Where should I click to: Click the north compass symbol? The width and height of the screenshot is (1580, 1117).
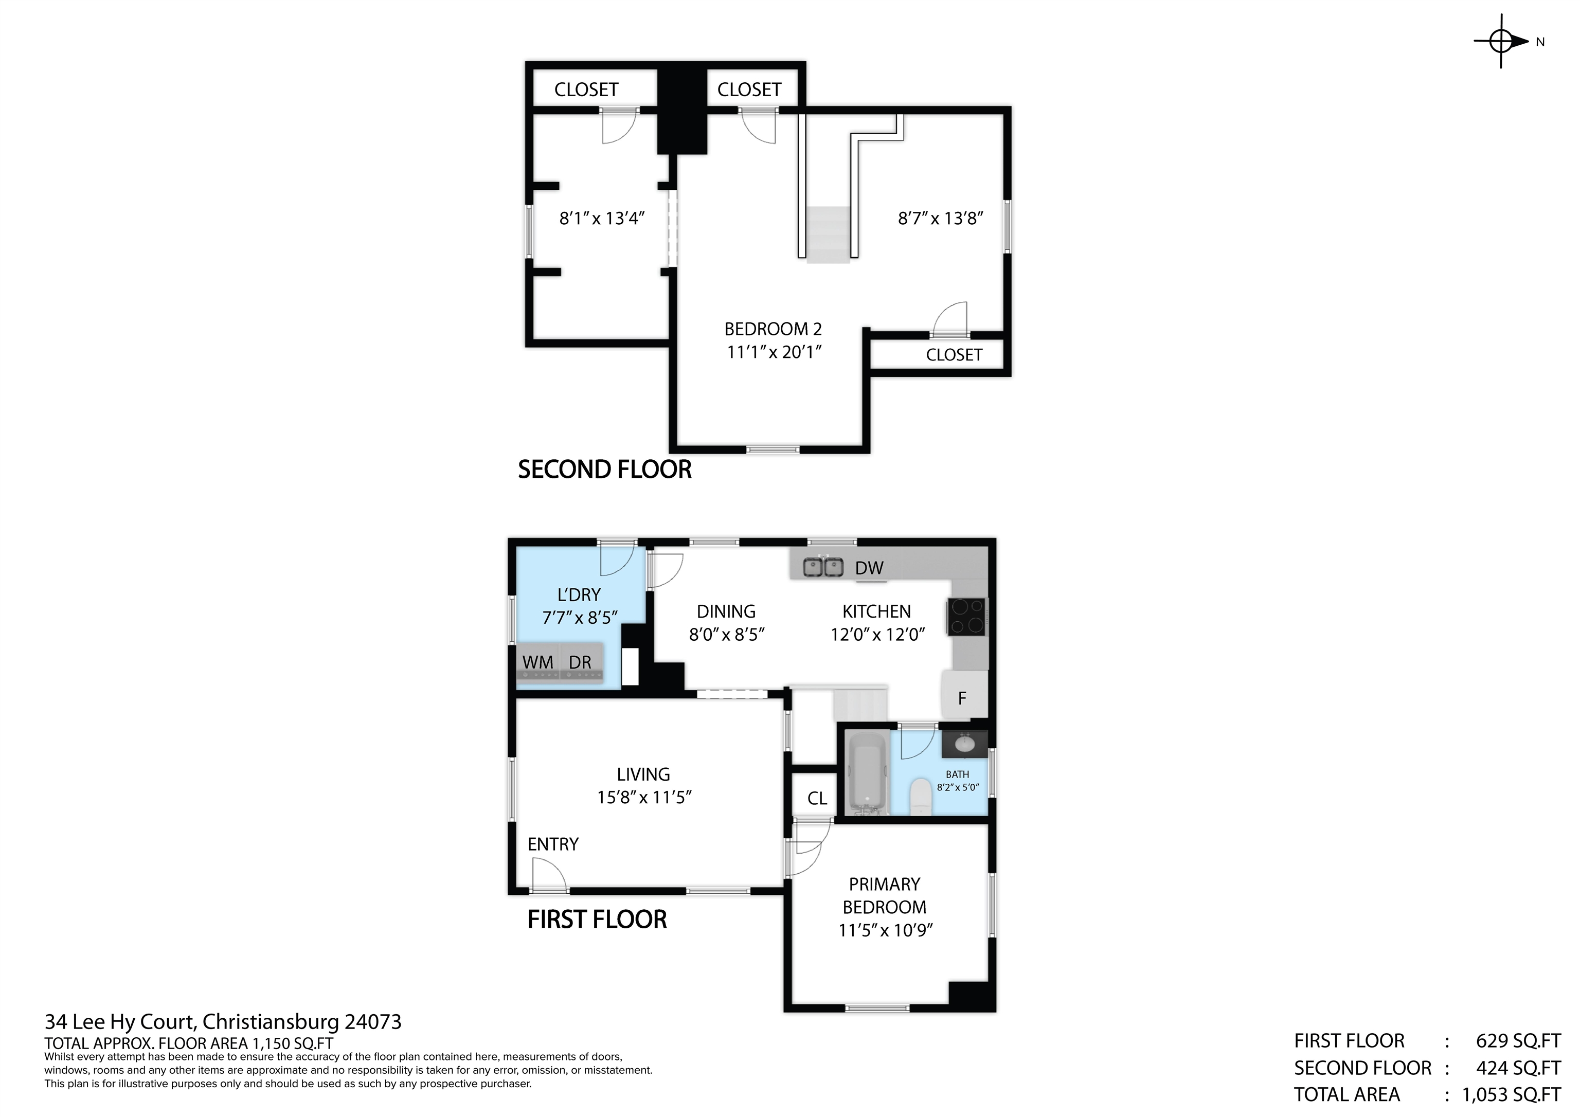1502,41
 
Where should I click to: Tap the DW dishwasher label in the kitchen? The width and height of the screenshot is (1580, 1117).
869,568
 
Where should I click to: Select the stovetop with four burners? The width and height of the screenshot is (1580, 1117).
966,616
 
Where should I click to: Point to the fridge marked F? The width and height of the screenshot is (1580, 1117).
963,698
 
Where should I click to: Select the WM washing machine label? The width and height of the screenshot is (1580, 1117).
537,662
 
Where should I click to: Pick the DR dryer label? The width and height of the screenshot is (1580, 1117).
580,662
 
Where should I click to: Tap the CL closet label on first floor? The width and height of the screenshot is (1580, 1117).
817,798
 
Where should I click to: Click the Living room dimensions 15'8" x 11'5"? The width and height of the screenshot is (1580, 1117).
643,798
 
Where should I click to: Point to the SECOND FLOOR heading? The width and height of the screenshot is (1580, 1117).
604,470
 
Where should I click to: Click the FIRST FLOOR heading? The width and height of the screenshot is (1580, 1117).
597,920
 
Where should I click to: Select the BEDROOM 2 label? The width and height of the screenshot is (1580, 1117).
773,329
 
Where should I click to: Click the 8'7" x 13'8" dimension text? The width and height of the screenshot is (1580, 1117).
940,218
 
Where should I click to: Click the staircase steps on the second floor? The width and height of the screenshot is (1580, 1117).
828,234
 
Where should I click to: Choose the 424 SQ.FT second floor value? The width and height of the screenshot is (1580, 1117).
1517,1068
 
